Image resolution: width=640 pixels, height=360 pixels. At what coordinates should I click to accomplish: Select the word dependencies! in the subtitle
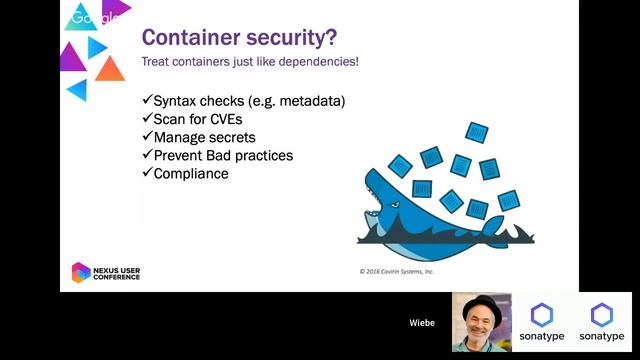[x=317, y=63]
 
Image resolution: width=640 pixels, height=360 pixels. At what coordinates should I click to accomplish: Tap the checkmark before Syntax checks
[x=146, y=101]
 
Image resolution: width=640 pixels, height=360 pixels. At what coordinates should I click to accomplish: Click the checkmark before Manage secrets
[x=146, y=137]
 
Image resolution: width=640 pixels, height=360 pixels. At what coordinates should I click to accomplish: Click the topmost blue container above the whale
[x=477, y=132]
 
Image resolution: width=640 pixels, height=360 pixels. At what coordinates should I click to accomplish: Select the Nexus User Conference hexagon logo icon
[x=80, y=272]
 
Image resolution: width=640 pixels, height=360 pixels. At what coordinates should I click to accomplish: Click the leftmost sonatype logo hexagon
[x=541, y=316]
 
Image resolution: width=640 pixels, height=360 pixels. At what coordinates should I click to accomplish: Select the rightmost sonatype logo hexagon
[x=601, y=316]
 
